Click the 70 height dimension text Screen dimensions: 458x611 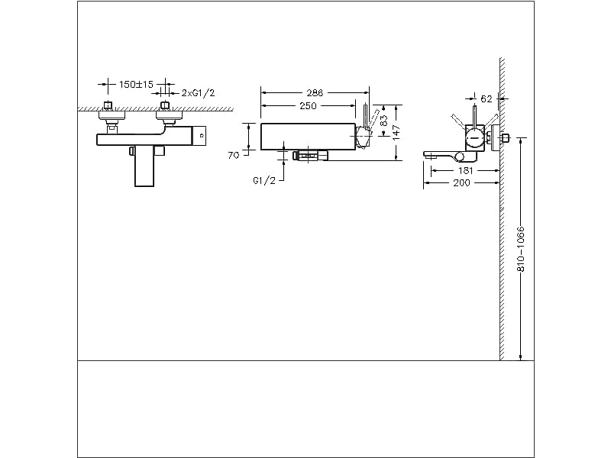point(234,154)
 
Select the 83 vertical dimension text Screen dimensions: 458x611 point(383,120)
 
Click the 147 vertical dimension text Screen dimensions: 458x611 point(397,131)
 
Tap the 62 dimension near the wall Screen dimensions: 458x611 point(487,98)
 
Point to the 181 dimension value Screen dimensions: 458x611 point(465,170)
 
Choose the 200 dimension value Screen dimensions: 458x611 point(461,184)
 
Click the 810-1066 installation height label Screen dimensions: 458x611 point(521,249)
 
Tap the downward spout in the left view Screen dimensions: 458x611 point(147,166)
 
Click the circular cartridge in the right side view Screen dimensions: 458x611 point(474,137)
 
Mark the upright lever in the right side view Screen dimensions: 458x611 point(474,114)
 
